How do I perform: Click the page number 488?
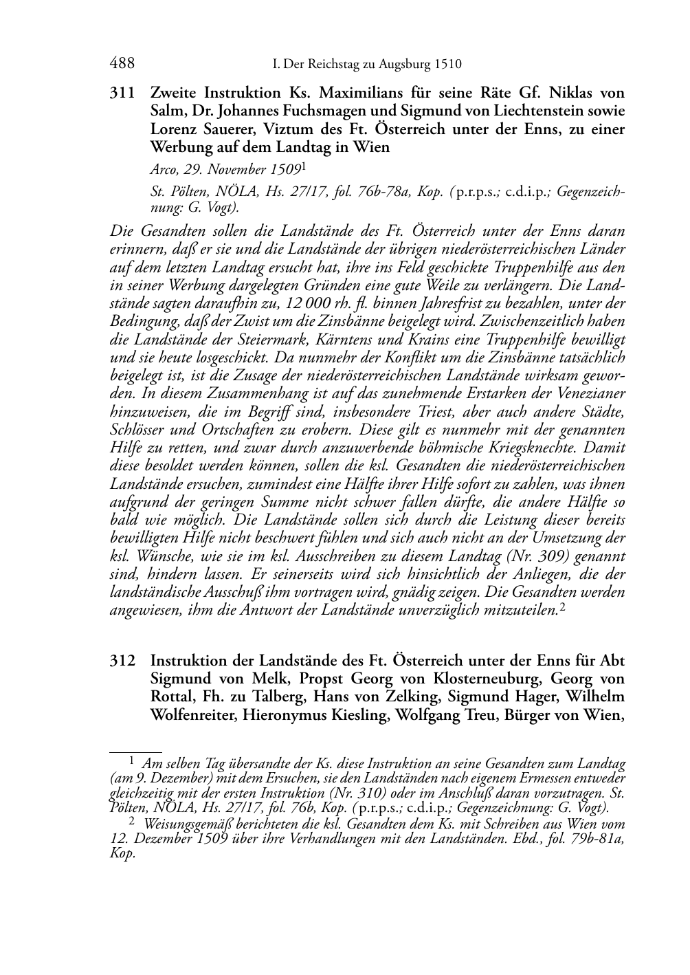coord(122,64)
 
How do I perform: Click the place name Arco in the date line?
coord(164,168)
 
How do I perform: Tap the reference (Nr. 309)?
coord(533,556)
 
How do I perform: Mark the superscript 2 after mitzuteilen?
coord(563,606)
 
